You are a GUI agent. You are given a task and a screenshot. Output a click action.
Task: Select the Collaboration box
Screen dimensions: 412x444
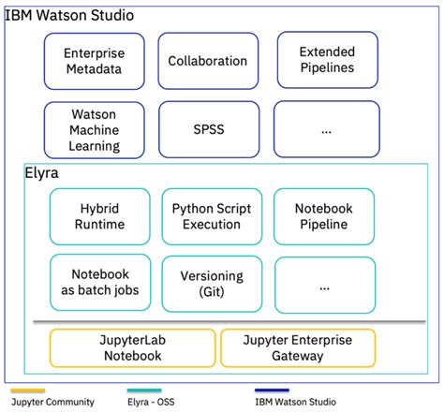pyautogui.click(x=207, y=62)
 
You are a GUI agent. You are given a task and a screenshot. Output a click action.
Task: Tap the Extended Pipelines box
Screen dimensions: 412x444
pyautogui.click(x=327, y=62)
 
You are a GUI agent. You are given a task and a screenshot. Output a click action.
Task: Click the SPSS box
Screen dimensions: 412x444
pyautogui.click(x=207, y=129)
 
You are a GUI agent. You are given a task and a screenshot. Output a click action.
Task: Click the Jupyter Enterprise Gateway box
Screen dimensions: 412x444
pyautogui.click(x=297, y=347)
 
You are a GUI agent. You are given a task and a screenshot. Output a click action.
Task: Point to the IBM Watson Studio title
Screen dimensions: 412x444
pyautogui.click(x=71, y=16)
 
